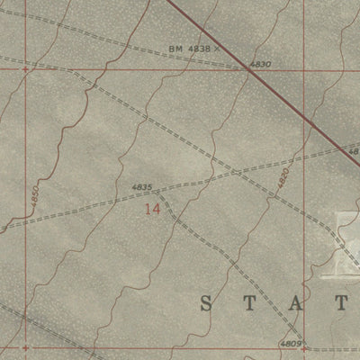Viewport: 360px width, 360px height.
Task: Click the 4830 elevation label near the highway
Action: click(x=259, y=65)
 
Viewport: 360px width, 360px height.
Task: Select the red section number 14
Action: click(x=153, y=208)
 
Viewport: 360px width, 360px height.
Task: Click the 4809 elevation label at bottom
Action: click(x=289, y=343)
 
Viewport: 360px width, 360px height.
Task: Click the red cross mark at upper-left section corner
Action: click(x=25, y=67)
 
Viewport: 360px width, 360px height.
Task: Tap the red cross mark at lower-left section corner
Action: click(x=25, y=346)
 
